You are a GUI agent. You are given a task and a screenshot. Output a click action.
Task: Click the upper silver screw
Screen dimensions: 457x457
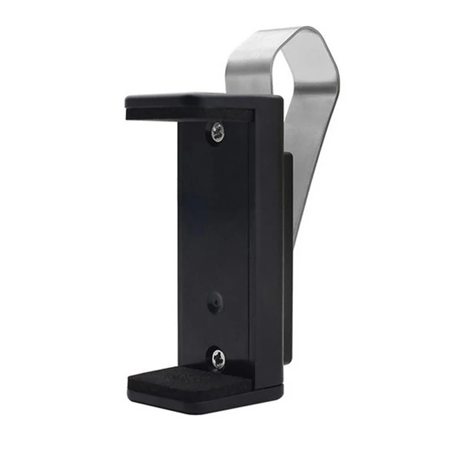coord(217,133)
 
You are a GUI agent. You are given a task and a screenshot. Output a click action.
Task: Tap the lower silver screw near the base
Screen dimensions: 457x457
coord(218,359)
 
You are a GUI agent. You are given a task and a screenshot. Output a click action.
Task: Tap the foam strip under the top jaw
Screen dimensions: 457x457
coord(189,114)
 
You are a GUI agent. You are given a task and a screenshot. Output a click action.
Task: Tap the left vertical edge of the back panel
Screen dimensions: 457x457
coord(179,240)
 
